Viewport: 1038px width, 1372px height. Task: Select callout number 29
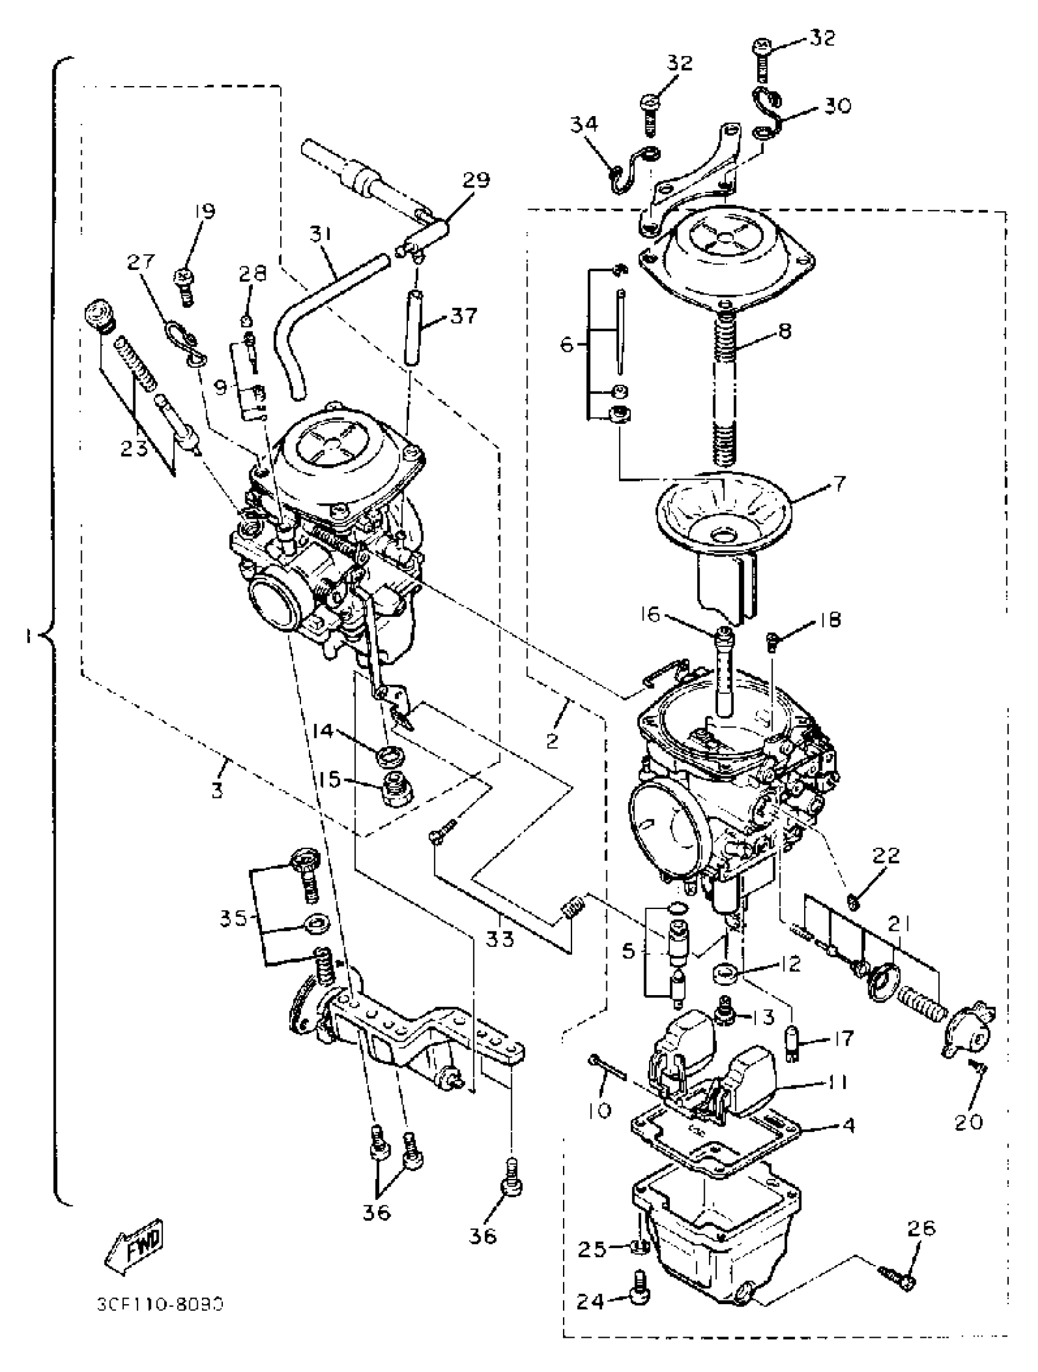pos(476,180)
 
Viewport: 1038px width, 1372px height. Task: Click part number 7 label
pos(838,484)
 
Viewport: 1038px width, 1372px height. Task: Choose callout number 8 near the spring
pos(785,331)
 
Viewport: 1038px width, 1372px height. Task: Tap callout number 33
pos(500,939)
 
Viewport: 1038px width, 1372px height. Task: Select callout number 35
pos(233,919)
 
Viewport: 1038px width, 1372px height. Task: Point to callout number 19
pos(205,211)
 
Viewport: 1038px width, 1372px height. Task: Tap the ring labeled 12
pos(723,972)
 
